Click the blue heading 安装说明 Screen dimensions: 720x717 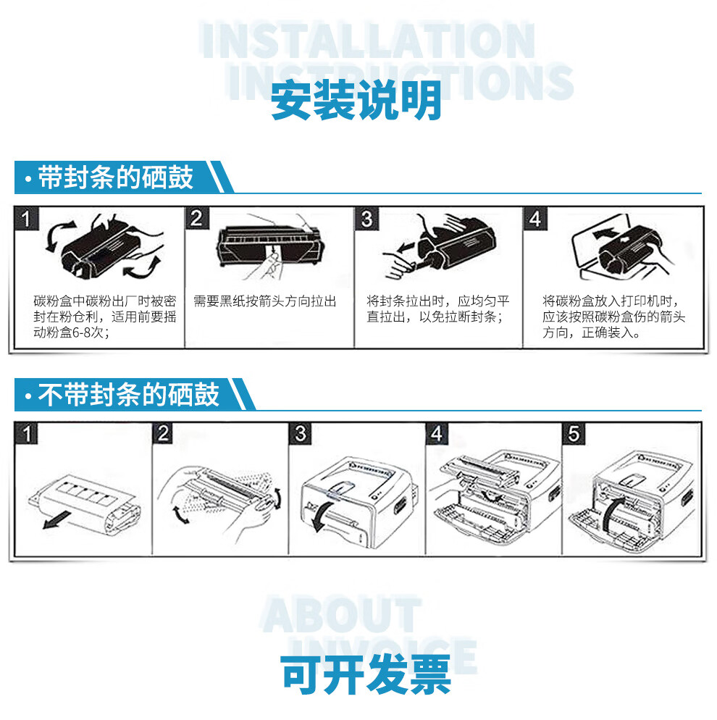coord(356,101)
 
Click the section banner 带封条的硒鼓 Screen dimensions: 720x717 coord(116,177)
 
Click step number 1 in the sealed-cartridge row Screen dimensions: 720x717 coord(27,218)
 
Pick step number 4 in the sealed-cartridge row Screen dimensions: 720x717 coord(535,218)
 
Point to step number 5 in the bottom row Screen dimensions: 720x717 coord(574,433)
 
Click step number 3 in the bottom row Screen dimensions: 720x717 coord(301,433)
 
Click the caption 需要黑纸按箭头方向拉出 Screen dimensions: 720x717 coord(265,301)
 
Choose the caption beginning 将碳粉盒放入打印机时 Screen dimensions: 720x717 coord(613,317)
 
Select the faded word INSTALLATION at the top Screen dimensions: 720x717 coord(368,41)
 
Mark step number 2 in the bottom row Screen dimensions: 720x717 coord(164,433)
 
